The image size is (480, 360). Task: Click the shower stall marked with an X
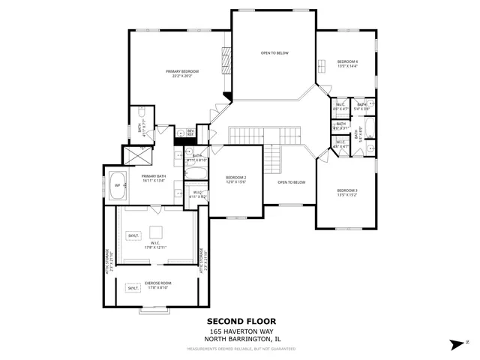(x=136, y=156)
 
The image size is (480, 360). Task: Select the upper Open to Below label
(x=274, y=53)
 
